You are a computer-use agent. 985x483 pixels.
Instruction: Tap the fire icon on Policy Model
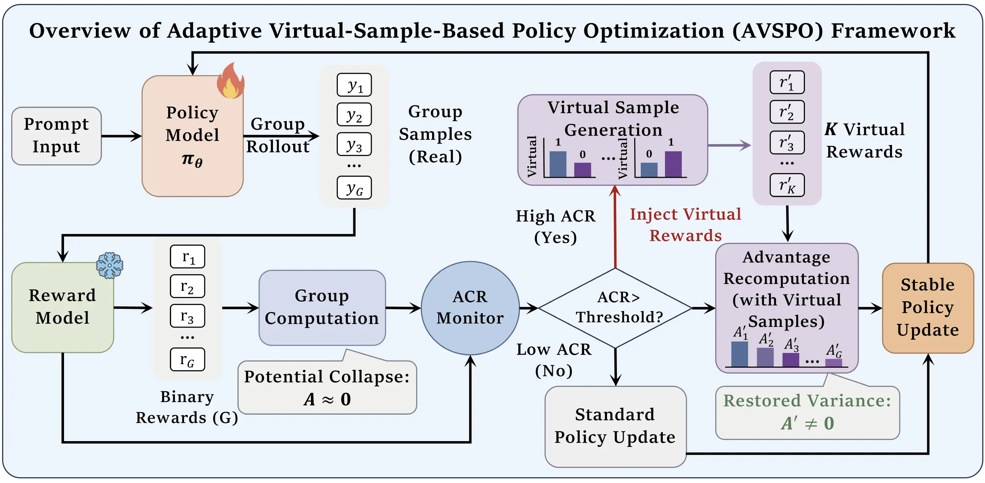click(x=231, y=81)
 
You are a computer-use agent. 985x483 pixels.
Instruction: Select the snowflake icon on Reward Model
click(x=110, y=265)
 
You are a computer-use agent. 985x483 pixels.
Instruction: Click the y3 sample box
click(x=354, y=144)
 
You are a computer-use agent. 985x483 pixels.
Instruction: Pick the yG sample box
click(x=354, y=187)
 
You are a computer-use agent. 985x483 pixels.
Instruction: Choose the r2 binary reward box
click(x=187, y=286)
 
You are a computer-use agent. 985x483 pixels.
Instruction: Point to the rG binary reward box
click(x=187, y=359)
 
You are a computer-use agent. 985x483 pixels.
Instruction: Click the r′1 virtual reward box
click(x=787, y=82)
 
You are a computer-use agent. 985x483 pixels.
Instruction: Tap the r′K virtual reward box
click(x=787, y=185)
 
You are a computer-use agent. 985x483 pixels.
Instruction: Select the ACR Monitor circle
click(x=470, y=308)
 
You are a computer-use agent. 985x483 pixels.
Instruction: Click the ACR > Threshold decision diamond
click(x=615, y=308)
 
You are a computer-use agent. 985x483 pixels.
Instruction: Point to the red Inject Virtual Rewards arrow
click(x=615, y=227)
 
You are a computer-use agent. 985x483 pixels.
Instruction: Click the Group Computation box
click(x=322, y=307)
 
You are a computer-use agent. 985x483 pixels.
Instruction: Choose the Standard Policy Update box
click(x=615, y=426)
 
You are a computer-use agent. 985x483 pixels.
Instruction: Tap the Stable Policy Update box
click(x=928, y=308)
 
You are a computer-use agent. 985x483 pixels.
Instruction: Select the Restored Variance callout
click(x=807, y=412)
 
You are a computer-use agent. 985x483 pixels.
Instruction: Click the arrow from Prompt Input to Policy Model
click(x=121, y=136)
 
